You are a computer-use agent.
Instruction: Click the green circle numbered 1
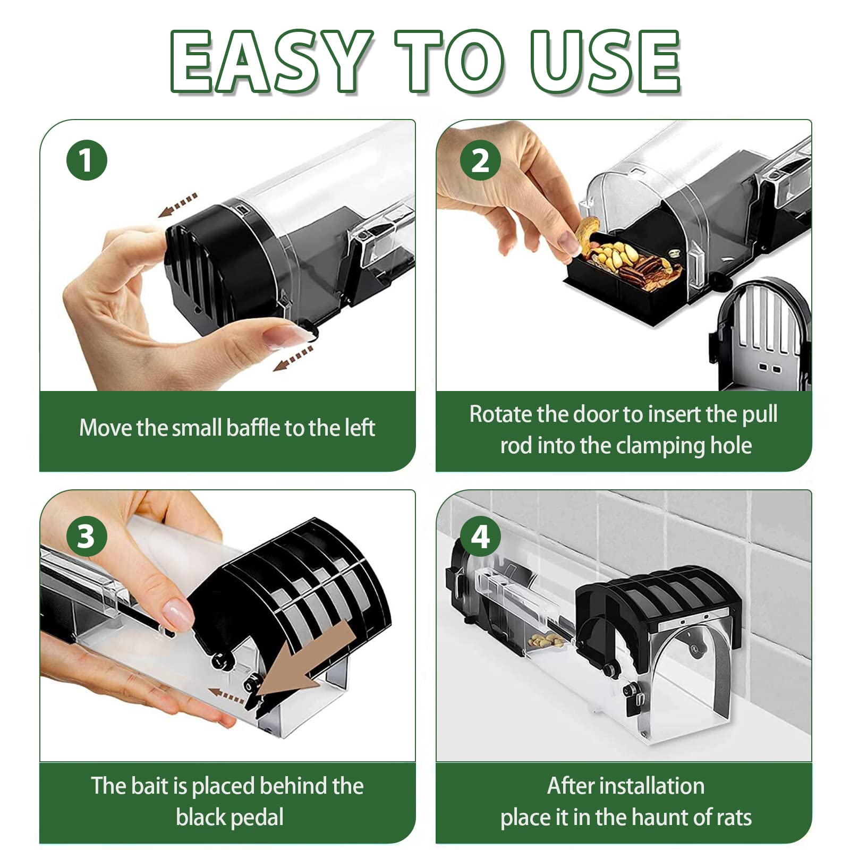pos(87,160)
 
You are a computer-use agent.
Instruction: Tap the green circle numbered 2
pos(480,160)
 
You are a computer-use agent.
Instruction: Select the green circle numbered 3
pos(87,536)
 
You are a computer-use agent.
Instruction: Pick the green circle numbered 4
pos(480,536)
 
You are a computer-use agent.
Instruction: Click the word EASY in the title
pos(271,61)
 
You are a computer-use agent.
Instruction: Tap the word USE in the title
pos(606,61)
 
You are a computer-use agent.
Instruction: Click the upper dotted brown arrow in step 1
pos(178,205)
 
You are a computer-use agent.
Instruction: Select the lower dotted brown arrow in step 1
pos(293,358)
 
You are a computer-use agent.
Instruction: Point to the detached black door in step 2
pos(760,334)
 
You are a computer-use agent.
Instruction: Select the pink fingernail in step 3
pos(178,613)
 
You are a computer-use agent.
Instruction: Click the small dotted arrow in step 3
pos(226,694)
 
